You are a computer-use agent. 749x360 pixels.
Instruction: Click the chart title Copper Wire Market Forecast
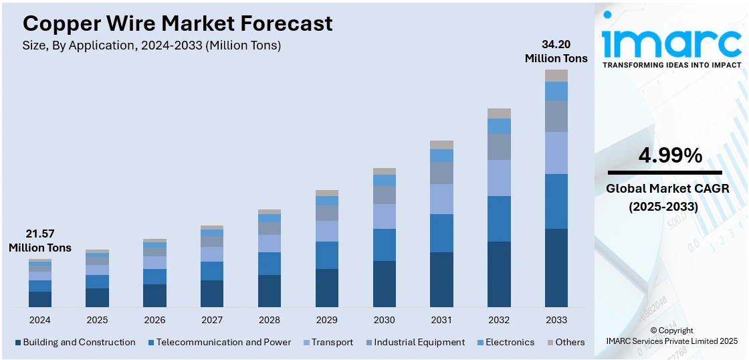(177, 23)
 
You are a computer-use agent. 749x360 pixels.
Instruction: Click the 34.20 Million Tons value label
(556, 52)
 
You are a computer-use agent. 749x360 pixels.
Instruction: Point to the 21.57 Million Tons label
(39, 241)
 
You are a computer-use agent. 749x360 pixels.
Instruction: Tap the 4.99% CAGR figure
(670, 156)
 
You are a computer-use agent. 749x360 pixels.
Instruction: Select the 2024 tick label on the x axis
(39, 320)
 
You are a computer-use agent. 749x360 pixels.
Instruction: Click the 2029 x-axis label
(326, 320)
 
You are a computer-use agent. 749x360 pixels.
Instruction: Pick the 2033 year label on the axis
(556, 320)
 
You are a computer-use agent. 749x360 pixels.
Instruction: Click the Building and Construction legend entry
(79, 342)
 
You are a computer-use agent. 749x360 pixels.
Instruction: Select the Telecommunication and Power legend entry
(223, 342)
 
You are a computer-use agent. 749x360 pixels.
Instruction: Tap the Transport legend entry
(332, 342)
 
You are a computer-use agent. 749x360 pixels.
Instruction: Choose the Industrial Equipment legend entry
(419, 342)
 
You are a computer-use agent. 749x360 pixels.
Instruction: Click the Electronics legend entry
(510, 342)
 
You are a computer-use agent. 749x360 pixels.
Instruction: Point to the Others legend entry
(570, 342)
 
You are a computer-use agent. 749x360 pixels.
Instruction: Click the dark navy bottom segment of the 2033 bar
(556, 268)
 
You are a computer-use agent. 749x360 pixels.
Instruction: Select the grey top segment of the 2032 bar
(499, 113)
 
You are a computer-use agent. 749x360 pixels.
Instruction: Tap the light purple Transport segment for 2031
(441, 199)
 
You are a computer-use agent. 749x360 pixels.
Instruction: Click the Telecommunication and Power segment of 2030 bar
(384, 244)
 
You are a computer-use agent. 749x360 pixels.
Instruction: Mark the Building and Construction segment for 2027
(212, 294)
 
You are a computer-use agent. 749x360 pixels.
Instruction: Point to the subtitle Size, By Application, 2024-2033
(152, 46)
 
